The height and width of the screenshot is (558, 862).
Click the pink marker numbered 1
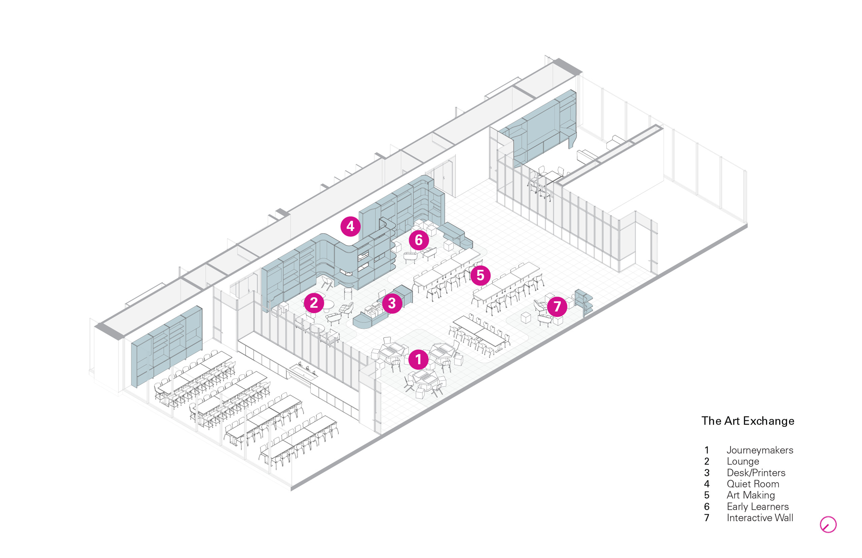click(418, 360)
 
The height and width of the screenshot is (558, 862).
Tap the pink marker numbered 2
click(314, 303)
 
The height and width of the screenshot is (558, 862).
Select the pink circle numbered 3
click(392, 303)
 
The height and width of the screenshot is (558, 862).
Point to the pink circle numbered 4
click(350, 226)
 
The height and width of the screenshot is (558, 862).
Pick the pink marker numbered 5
click(480, 275)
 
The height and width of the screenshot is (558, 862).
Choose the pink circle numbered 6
click(419, 240)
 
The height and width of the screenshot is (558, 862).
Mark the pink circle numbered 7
click(557, 307)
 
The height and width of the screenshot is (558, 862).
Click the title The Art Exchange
click(748, 421)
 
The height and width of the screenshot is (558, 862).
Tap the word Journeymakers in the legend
click(760, 451)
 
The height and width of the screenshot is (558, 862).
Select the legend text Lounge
click(742, 462)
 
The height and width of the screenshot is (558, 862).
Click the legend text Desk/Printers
click(756, 473)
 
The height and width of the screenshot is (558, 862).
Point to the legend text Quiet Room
click(753, 484)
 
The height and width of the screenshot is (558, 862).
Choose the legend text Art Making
click(751, 495)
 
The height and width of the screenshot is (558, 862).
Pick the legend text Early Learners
click(757, 506)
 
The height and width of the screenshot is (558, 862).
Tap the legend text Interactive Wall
click(760, 518)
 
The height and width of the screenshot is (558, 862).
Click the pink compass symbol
click(828, 525)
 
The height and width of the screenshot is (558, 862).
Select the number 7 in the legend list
click(706, 518)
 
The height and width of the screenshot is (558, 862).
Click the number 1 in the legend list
click(706, 451)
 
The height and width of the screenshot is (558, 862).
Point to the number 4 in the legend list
click(706, 484)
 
